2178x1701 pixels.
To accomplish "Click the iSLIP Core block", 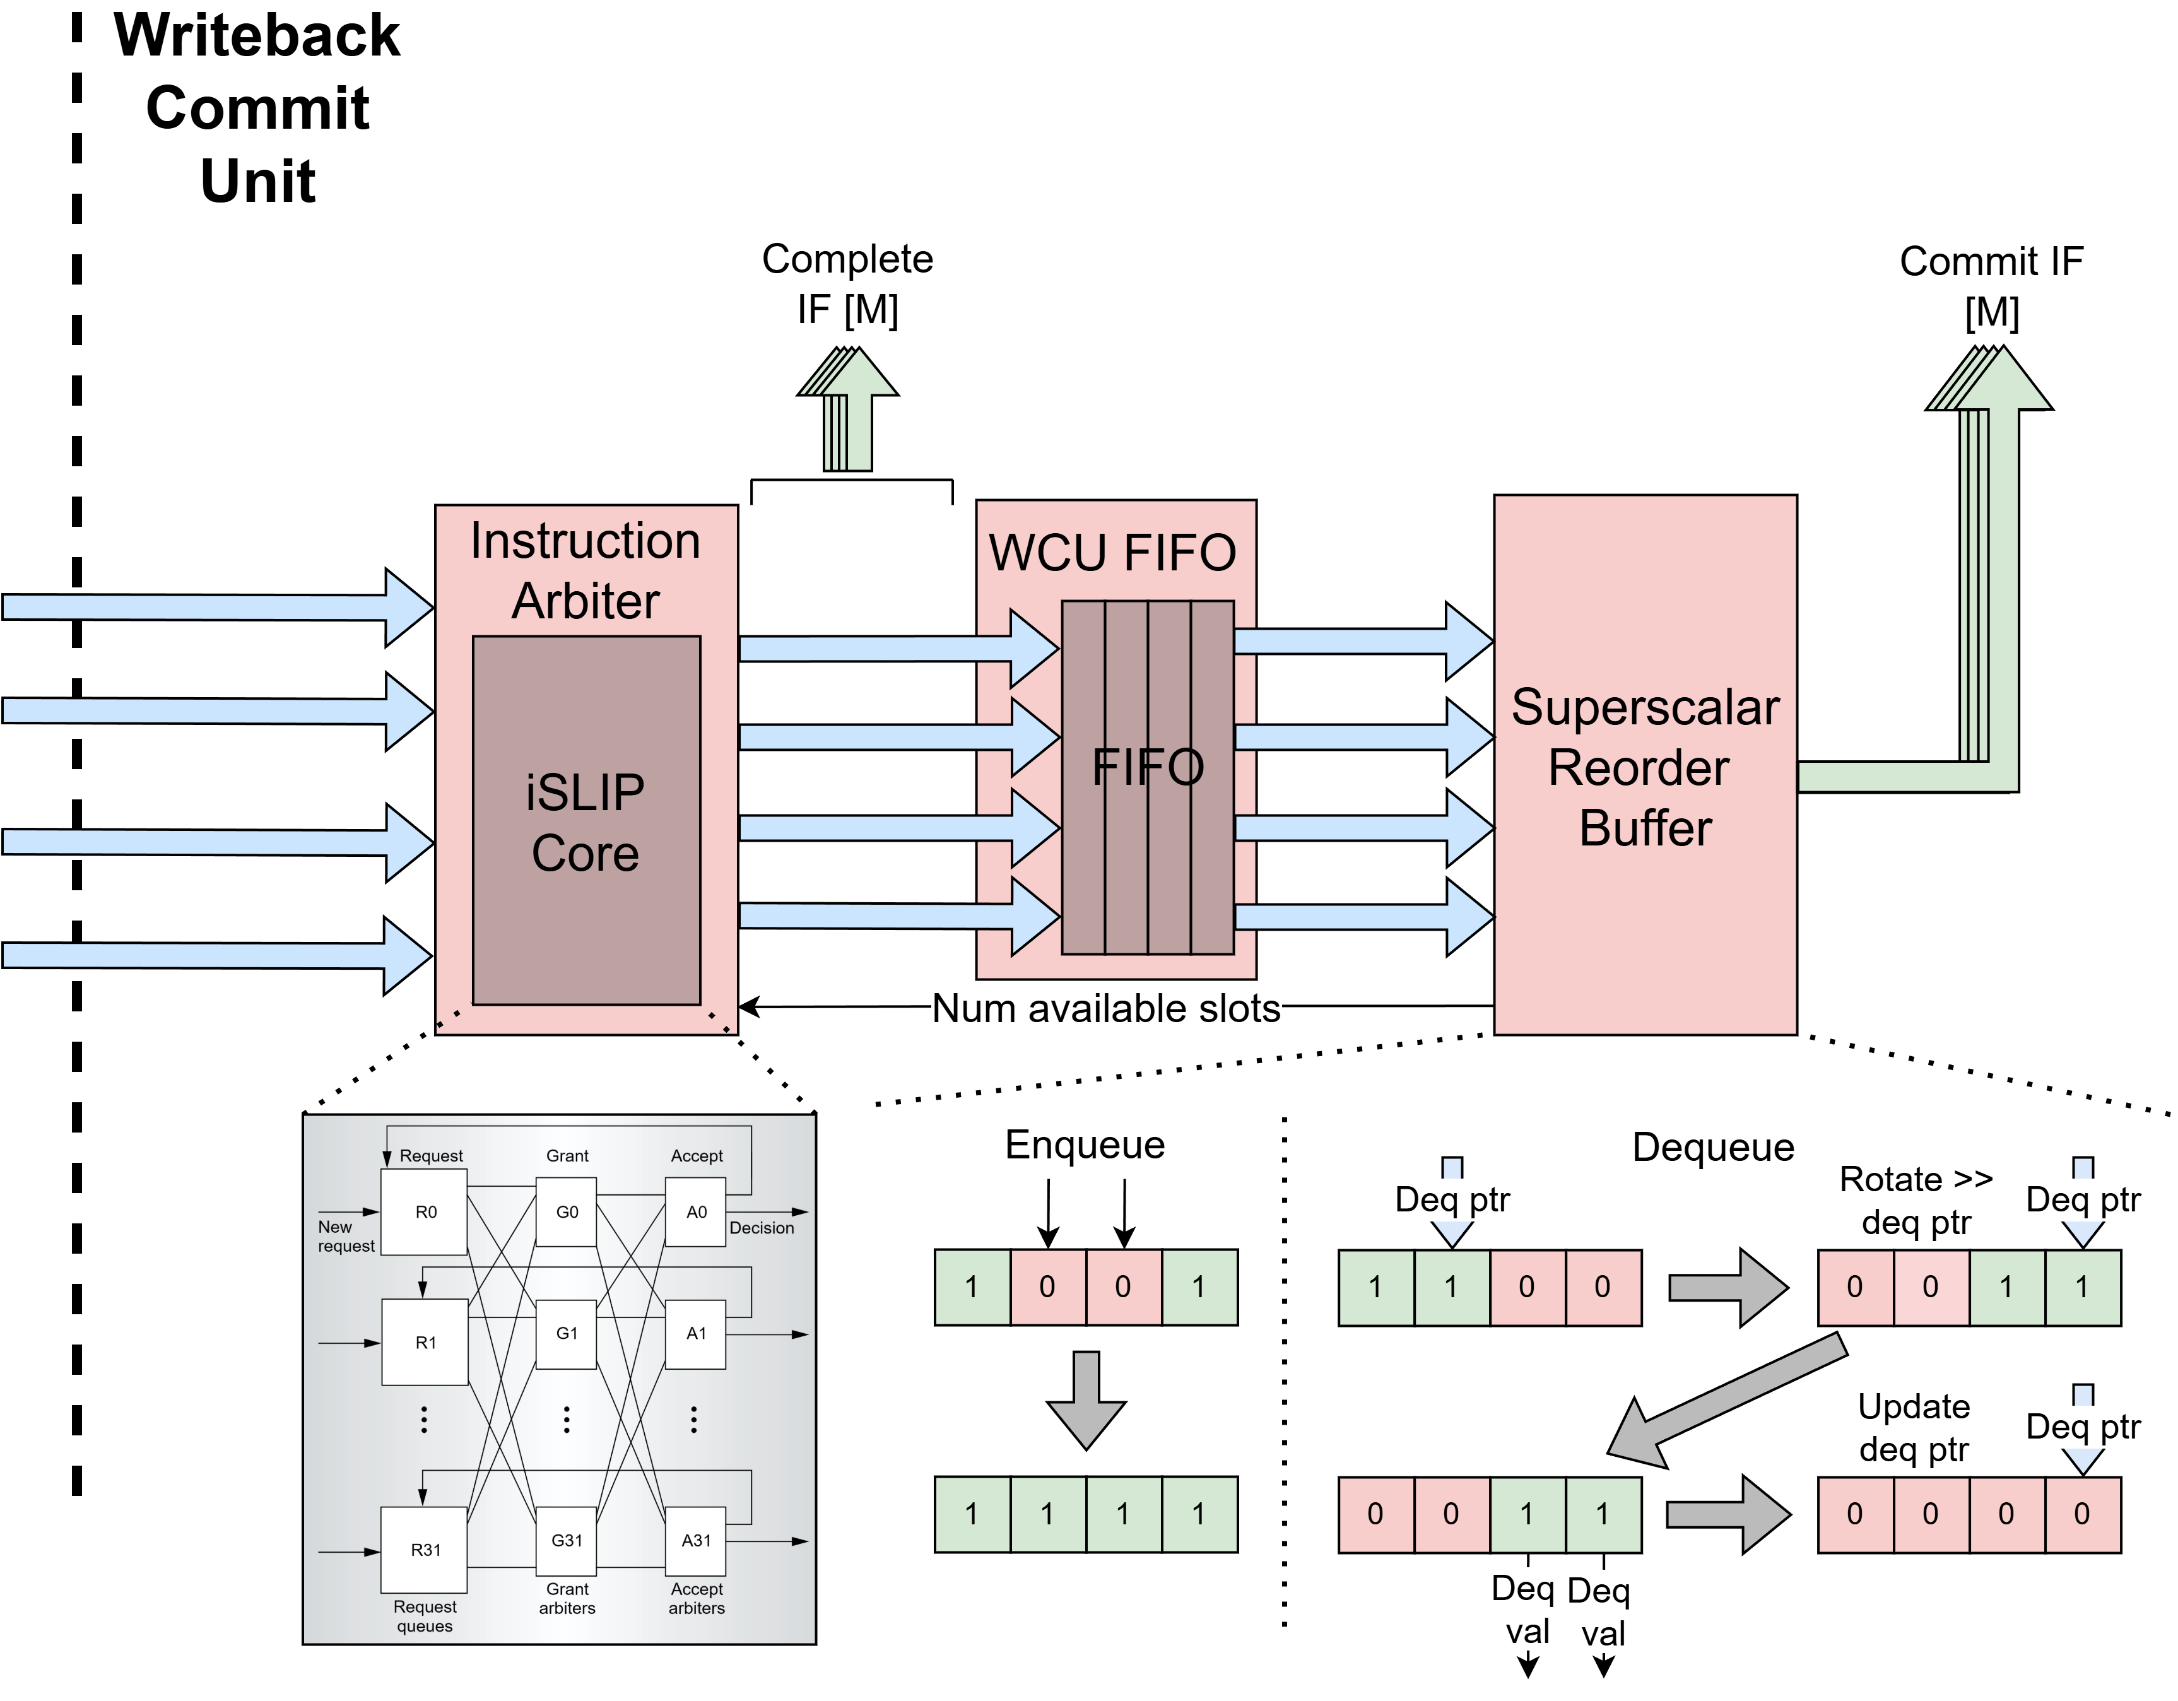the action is [586, 821].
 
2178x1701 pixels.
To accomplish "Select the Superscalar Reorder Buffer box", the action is [1645, 765].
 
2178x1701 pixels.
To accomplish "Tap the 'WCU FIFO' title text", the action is [1113, 552].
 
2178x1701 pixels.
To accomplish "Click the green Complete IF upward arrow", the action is [847, 409].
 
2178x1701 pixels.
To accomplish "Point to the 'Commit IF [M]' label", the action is [1991, 287].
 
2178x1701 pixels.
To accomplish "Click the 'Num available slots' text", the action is [1106, 1008].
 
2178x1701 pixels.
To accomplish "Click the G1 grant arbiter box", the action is [567, 1334].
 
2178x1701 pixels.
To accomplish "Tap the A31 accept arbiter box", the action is [696, 1541].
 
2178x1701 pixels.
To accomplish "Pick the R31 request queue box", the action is [425, 1550].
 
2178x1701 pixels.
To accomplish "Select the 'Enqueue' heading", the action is [1085, 1145].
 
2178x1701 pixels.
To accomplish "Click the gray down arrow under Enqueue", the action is [1086, 1401].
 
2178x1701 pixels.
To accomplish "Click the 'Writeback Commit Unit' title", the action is [257, 108].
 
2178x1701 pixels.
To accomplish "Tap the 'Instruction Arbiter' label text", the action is [586, 570].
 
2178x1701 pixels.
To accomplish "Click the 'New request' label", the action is [346, 1237].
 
